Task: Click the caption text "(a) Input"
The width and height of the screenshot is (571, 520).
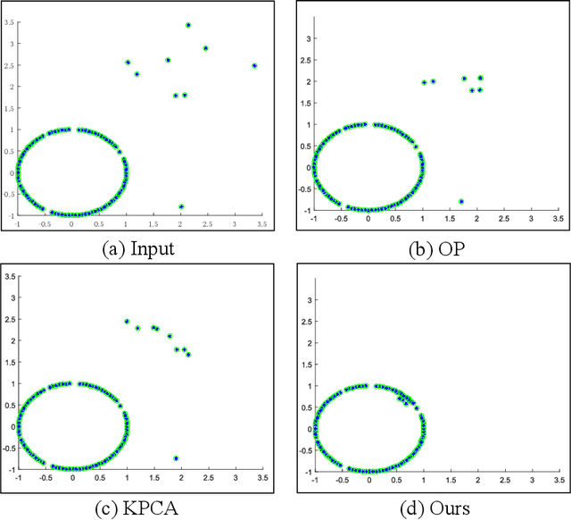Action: pos(137,247)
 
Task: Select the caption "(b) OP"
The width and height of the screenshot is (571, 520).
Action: pos(433,248)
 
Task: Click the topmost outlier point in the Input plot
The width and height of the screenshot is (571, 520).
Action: pos(188,25)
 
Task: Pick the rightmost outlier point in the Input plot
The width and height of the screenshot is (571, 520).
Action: pos(254,65)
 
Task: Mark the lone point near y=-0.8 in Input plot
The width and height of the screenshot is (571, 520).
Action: pos(181,206)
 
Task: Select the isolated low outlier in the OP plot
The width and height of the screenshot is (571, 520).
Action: pos(461,201)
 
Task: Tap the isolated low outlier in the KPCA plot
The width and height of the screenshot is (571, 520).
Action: pos(176,458)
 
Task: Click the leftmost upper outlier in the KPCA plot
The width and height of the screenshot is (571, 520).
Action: pos(127,321)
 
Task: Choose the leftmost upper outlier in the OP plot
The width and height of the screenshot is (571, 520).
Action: pos(425,82)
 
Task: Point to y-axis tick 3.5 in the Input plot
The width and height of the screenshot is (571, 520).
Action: pos(8,19)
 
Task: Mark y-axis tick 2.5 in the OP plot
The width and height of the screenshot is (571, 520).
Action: pos(304,60)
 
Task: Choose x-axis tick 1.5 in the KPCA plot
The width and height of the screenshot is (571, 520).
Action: pos(153,478)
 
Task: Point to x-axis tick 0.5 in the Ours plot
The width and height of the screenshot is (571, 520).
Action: pos(395,480)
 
